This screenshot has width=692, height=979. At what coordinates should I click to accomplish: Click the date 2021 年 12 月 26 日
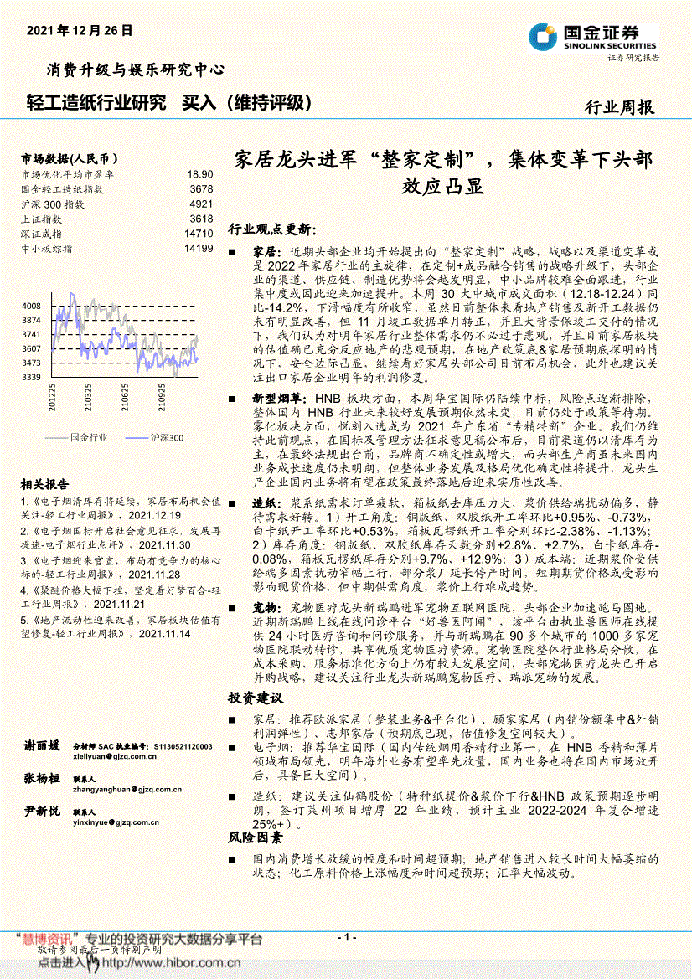pos(80,30)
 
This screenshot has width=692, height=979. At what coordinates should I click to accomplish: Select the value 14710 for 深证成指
pos(198,234)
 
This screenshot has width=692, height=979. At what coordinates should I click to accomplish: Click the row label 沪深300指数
pos(53,204)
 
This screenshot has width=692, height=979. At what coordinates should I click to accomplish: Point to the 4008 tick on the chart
pos(31,306)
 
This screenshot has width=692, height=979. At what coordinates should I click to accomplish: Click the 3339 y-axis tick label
pos(31,378)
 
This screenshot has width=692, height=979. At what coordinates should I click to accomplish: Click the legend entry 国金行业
pos(89,437)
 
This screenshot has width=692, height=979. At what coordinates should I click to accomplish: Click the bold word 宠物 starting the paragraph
pos(265,605)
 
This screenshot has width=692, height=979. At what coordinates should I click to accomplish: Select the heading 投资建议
pos(256,698)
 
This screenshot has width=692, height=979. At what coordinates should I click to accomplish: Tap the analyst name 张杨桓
pos(42,779)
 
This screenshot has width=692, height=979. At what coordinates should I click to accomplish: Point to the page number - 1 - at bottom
pos(346,937)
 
